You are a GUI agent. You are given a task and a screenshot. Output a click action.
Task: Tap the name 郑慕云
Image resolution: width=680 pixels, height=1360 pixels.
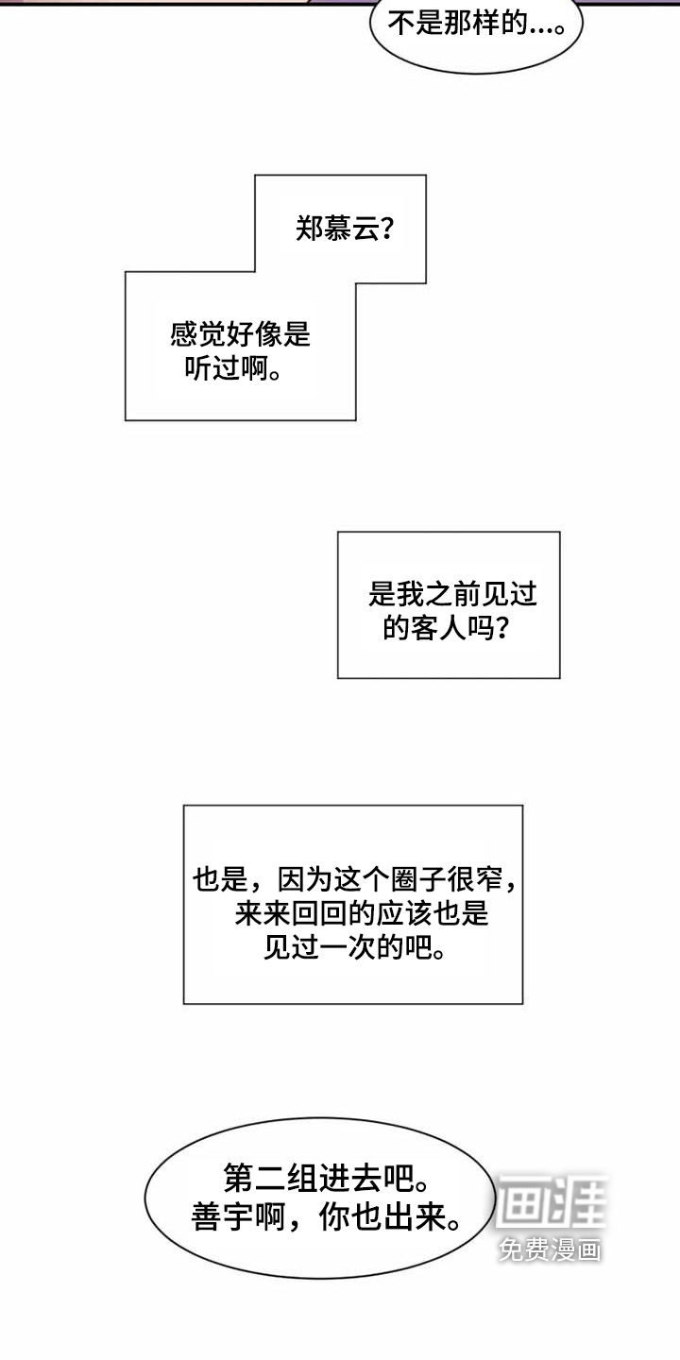334,229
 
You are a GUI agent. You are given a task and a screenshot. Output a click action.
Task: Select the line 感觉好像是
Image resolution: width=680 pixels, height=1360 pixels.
240,334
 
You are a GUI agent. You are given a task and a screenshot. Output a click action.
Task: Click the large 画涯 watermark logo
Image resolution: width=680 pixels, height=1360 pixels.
551,1201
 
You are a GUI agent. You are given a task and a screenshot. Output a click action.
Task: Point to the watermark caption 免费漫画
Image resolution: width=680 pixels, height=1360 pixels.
551,1249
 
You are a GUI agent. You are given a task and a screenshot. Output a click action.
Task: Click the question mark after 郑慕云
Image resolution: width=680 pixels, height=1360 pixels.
385,229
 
